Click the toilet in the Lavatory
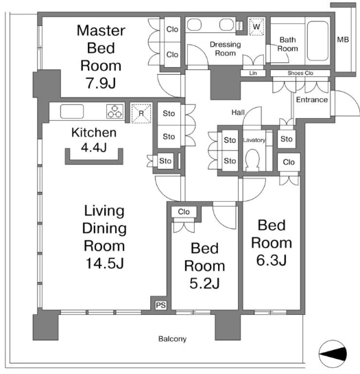click(252, 159)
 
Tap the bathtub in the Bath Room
click(317, 40)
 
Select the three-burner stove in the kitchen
click(115, 111)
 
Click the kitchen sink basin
click(72, 111)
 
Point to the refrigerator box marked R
click(141, 113)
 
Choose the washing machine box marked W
click(256, 27)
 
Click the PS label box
click(161, 305)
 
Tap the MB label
click(343, 40)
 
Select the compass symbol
click(333, 353)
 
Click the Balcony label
click(172, 339)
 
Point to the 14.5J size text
click(105, 264)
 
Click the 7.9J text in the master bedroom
click(101, 83)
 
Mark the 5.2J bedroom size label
click(204, 283)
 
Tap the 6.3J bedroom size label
click(272, 260)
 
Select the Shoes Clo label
click(300, 73)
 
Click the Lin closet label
click(253, 73)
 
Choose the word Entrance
click(312, 100)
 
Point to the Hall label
click(238, 113)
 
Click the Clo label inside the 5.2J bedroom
click(184, 211)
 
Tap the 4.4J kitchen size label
click(94, 148)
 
